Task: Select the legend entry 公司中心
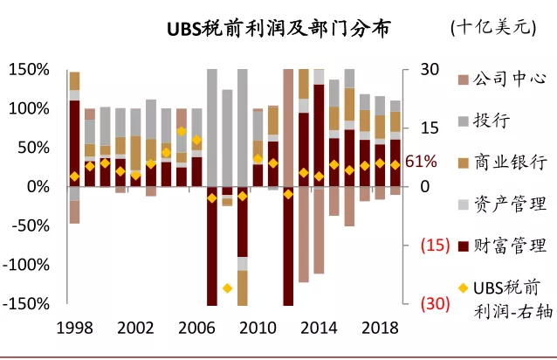coord(509,79)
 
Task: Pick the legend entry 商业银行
coord(509,163)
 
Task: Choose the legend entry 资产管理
coord(509,204)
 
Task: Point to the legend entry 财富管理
coord(509,246)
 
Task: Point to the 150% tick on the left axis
coord(30,69)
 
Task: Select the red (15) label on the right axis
coord(435,246)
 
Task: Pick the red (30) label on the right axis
coord(435,304)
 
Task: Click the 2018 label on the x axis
coord(380,328)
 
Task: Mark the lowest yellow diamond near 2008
coord(227,288)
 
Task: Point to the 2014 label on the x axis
coord(319,328)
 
